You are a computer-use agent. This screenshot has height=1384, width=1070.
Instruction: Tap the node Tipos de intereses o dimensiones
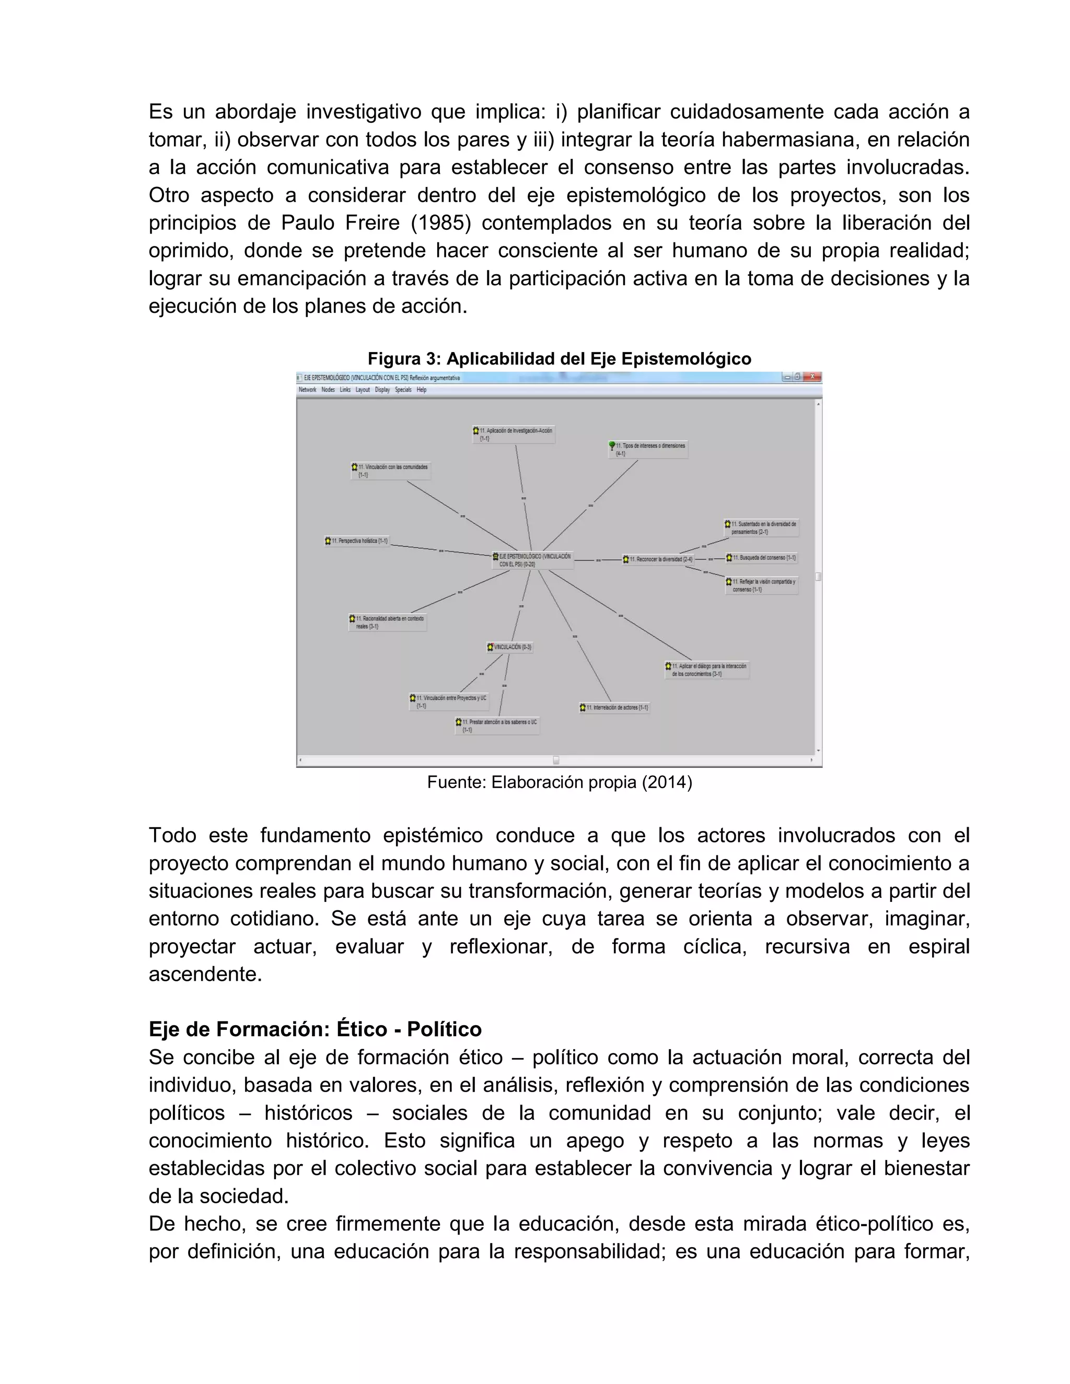648,449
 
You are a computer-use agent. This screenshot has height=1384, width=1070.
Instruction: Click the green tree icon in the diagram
612,446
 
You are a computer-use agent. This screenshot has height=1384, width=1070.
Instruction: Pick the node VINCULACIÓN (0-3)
510,647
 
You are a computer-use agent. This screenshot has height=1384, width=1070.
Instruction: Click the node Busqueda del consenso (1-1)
761,558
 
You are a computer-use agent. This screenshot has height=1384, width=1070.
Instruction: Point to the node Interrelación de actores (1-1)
615,707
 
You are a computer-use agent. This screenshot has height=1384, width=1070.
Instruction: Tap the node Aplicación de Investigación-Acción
514,434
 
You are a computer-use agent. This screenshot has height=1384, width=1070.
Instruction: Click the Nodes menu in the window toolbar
328,390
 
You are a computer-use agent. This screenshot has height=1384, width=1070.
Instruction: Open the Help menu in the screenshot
422,390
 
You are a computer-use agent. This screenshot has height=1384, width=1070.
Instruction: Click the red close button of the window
812,377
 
